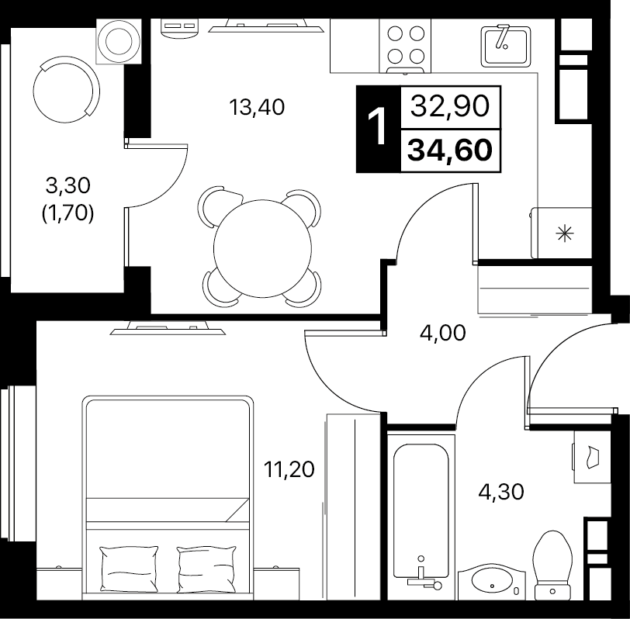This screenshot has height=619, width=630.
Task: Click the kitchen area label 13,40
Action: coord(257,107)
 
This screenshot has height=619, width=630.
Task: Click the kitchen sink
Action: coord(504,46)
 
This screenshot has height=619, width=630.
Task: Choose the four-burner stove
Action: coord(404,45)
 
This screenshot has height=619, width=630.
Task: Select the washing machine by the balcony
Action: coord(119,41)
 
